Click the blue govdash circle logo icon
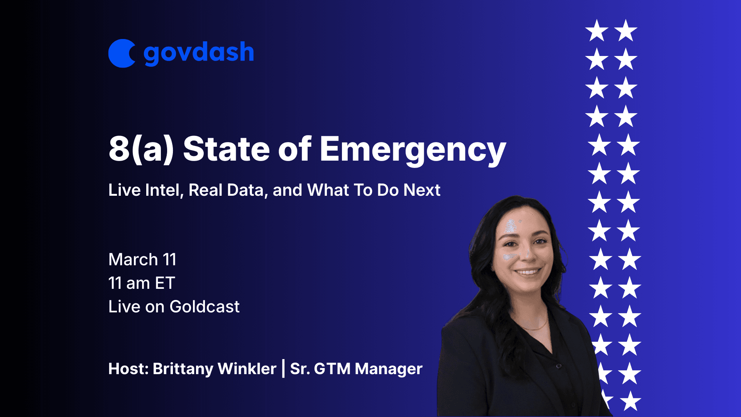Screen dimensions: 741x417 [x=121, y=53]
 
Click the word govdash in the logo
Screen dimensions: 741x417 [x=199, y=53]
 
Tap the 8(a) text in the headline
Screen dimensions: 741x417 [x=141, y=149]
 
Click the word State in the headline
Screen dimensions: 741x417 [x=226, y=149]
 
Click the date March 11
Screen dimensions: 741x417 [x=142, y=259]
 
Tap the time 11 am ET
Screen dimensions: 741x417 [x=142, y=283]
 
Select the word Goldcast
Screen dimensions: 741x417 [x=205, y=307]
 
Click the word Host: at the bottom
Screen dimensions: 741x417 [x=129, y=369]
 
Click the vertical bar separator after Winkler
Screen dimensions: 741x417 [x=284, y=368]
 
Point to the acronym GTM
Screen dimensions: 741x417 [x=332, y=369]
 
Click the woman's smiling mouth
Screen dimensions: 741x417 [x=528, y=272]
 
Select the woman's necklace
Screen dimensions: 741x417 [x=533, y=327]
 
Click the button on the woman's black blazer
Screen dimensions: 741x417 [x=558, y=366]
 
